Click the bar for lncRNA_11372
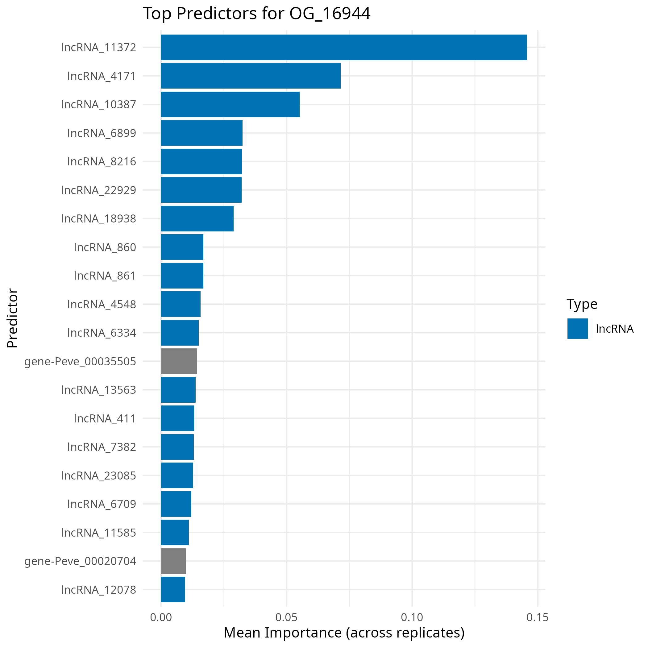coord(344,47)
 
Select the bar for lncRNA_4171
coord(251,76)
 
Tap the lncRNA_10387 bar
coord(230,104)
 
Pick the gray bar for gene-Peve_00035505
coord(179,361)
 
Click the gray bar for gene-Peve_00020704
coord(173,561)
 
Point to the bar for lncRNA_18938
coord(197,219)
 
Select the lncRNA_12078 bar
coord(173,590)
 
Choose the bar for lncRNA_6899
coord(201,133)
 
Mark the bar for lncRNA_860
coord(182,247)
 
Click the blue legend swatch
coord(578,329)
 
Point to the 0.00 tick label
coord(161,617)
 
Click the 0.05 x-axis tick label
coord(286,617)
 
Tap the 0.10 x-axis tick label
coord(412,617)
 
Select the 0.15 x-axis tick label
coord(537,617)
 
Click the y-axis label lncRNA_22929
coord(99,190)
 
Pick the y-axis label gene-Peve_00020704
coord(80,561)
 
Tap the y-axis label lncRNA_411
coord(105,419)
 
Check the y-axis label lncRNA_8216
coord(102,162)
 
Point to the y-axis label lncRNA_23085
coord(99,476)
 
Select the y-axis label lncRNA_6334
coord(102,333)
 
